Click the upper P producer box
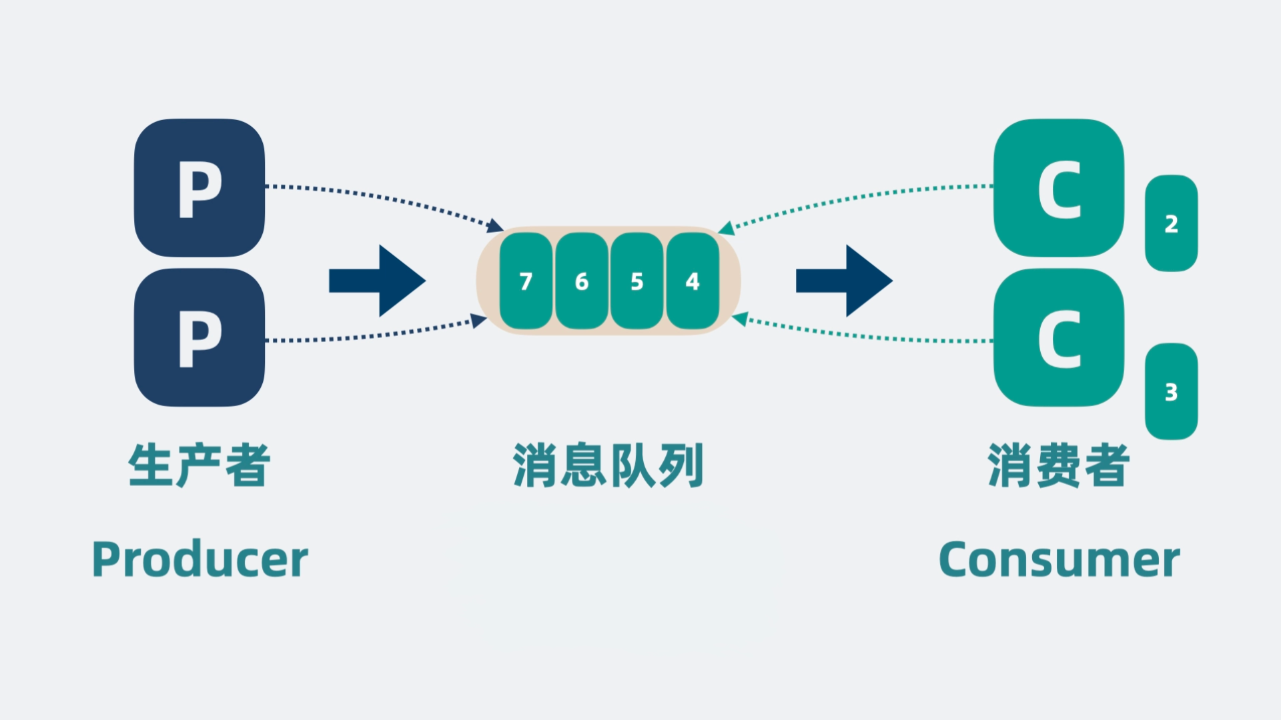199,188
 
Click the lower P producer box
199,337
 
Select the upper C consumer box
1059,188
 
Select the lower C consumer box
1059,337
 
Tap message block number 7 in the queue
526,281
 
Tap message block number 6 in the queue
581,281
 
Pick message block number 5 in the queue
636,281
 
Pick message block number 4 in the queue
693,281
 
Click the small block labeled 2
1171,223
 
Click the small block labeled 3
1171,391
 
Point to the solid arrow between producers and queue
377,281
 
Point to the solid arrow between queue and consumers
844,281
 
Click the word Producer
200,559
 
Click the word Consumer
1059,559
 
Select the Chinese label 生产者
199,465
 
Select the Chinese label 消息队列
608,465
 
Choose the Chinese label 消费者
1059,465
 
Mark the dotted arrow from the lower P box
380,335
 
